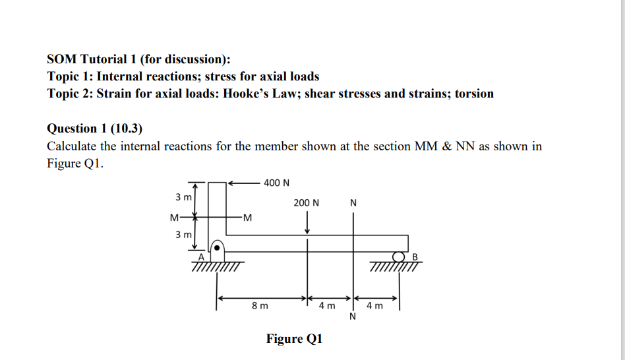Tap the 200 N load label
coord(307,202)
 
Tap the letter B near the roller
coord(415,256)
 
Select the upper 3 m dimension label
coord(183,197)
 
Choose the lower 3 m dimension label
coord(183,234)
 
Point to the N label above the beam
coord(353,202)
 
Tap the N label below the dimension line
coord(353,317)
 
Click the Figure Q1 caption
coord(294,339)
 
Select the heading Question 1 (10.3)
coord(95,128)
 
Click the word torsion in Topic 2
coord(474,94)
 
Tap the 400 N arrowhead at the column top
coord(231,182)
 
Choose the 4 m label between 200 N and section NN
coord(327,306)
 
